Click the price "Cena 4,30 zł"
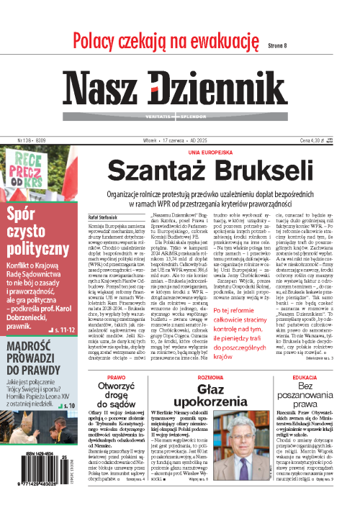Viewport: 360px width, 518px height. [x=318, y=122]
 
